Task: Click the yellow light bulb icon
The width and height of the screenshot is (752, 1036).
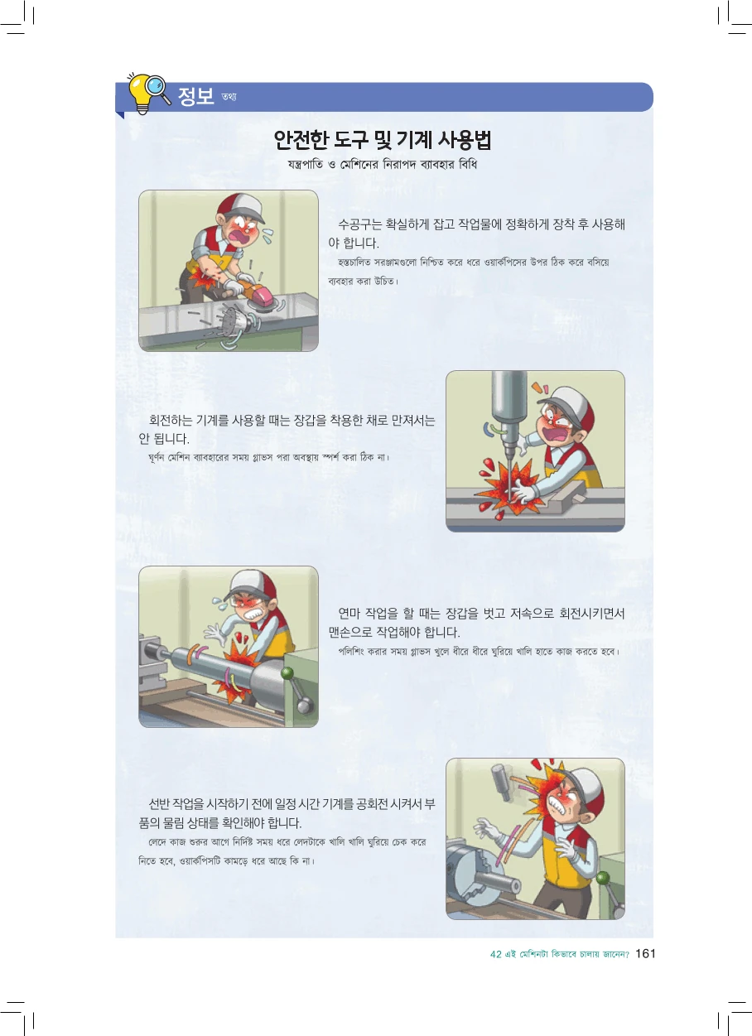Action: pyautogui.click(x=140, y=93)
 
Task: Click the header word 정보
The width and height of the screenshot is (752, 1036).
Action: pyautogui.click(x=195, y=96)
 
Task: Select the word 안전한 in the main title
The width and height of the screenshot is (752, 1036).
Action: pyautogui.click(x=303, y=140)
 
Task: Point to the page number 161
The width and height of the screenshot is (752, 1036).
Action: pyautogui.click(x=645, y=953)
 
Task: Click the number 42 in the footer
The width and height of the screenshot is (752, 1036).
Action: pyautogui.click(x=496, y=954)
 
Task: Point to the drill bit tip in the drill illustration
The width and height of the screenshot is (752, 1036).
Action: pyautogui.click(x=509, y=498)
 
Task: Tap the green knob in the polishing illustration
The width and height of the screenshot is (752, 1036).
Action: pyautogui.click(x=287, y=673)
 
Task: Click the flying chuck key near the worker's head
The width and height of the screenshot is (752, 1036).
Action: pyautogui.click(x=501, y=782)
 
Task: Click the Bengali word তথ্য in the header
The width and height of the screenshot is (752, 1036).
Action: pyautogui.click(x=229, y=97)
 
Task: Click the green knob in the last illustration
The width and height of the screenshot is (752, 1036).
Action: pyautogui.click(x=603, y=877)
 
